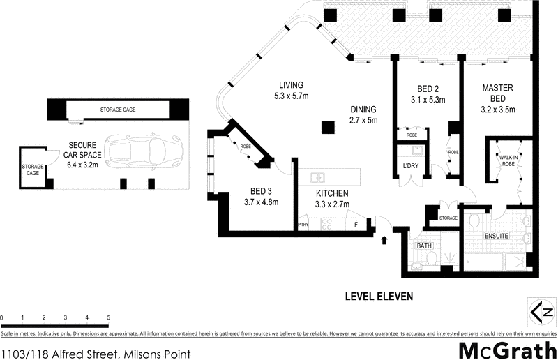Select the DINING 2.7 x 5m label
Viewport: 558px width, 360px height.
click(363, 114)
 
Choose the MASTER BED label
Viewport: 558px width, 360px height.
click(497, 93)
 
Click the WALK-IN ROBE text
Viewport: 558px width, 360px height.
click(508, 161)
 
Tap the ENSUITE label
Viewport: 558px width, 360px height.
click(497, 236)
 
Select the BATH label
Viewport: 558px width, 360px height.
click(424, 246)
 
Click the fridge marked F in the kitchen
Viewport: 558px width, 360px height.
click(356, 225)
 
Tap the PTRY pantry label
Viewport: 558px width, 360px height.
click(303, 225)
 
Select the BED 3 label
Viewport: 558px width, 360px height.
click(261, 197)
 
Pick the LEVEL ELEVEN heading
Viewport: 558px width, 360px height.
click(379, 297)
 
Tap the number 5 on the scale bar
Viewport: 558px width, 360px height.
click(109, 317)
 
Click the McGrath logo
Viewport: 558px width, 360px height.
click(507, 350)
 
